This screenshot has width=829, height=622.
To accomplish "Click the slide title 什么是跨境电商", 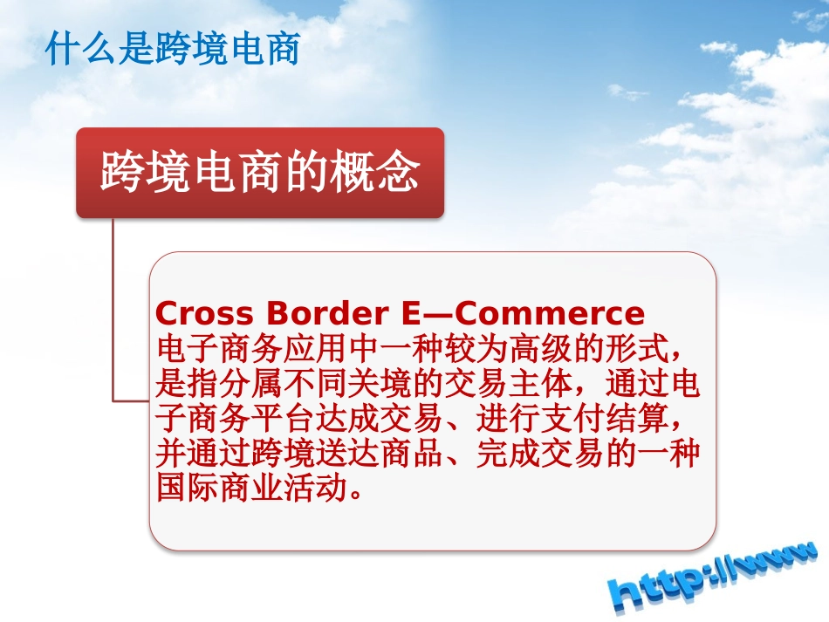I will (x=173, y=50).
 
